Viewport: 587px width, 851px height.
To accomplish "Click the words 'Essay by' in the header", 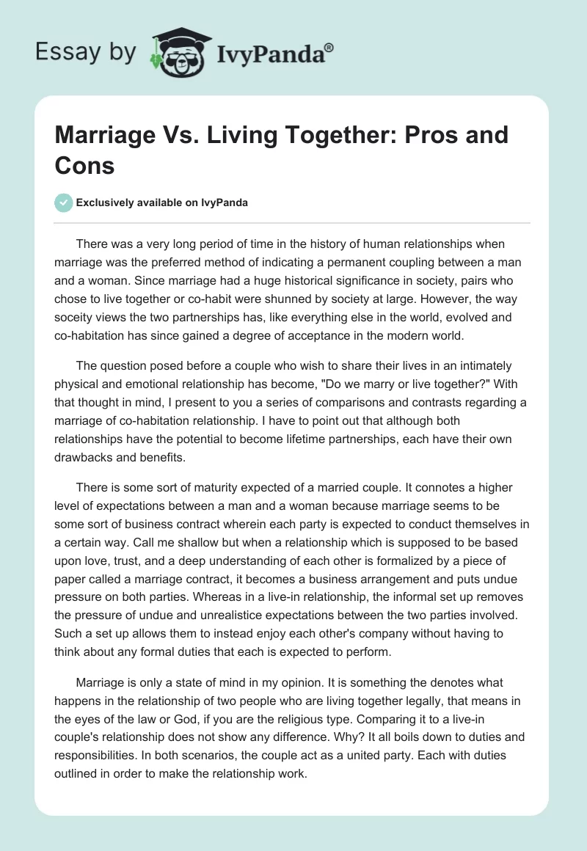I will click(x=85, y=53).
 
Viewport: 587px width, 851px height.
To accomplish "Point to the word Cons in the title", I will click(x=85, y=165).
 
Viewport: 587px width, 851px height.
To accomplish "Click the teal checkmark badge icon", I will click(x=65, y=202).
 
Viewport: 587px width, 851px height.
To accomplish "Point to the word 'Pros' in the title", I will click(x=435, y=136).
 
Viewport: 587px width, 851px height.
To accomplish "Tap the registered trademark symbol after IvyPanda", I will click(x=329, y=47).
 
